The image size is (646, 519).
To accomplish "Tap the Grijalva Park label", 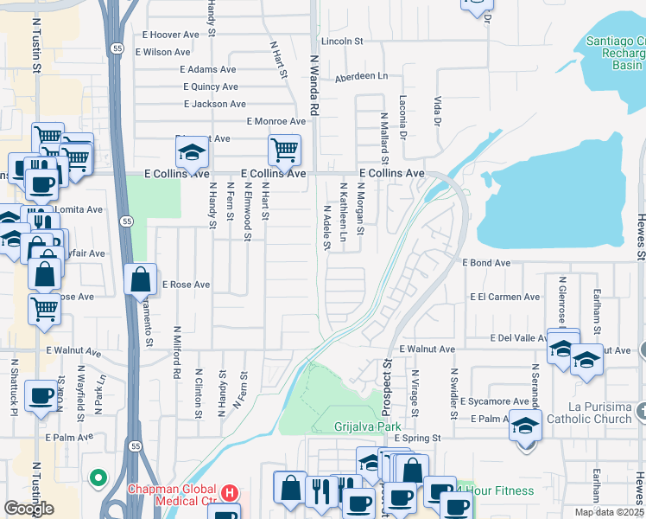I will (x=369, y=426).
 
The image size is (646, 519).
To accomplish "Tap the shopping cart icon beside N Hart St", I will (x=284, y=150).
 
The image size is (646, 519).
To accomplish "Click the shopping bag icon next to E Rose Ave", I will (x=140, y=279).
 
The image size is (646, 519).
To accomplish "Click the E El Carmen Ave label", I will (x=505, y=297).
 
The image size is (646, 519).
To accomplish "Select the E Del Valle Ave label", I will (x=517, y=337).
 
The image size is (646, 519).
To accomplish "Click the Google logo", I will (x=28, y=508).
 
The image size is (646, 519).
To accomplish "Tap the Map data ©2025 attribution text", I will (x=609, y=512).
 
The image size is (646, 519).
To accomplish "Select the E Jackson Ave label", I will (x=215, y=104).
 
